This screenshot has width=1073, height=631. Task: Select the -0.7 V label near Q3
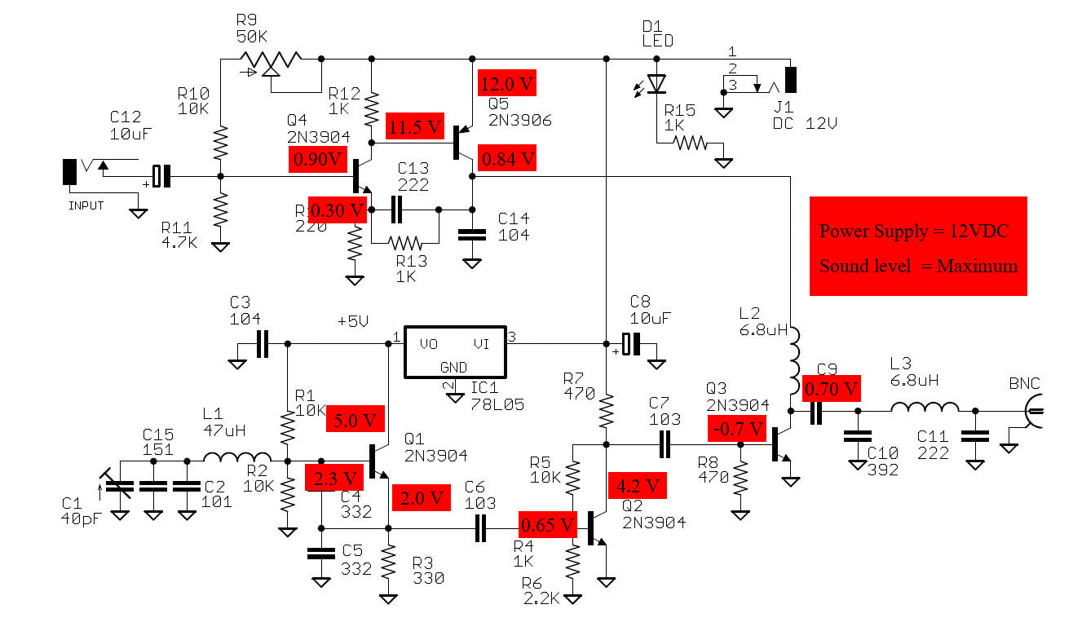point(737,426)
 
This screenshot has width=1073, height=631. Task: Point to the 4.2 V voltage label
point(638,486)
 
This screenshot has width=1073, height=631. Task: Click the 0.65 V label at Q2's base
point(548,523)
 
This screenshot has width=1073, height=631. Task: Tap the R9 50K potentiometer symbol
point(268,60)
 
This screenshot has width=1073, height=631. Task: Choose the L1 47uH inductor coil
point(236,459)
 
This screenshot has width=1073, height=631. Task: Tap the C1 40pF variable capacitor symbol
point(119,486)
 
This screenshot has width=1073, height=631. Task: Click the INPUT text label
point(86,205)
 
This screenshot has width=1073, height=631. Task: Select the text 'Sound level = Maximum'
point(918,266)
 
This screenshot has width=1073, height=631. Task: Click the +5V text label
point(354,321)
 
